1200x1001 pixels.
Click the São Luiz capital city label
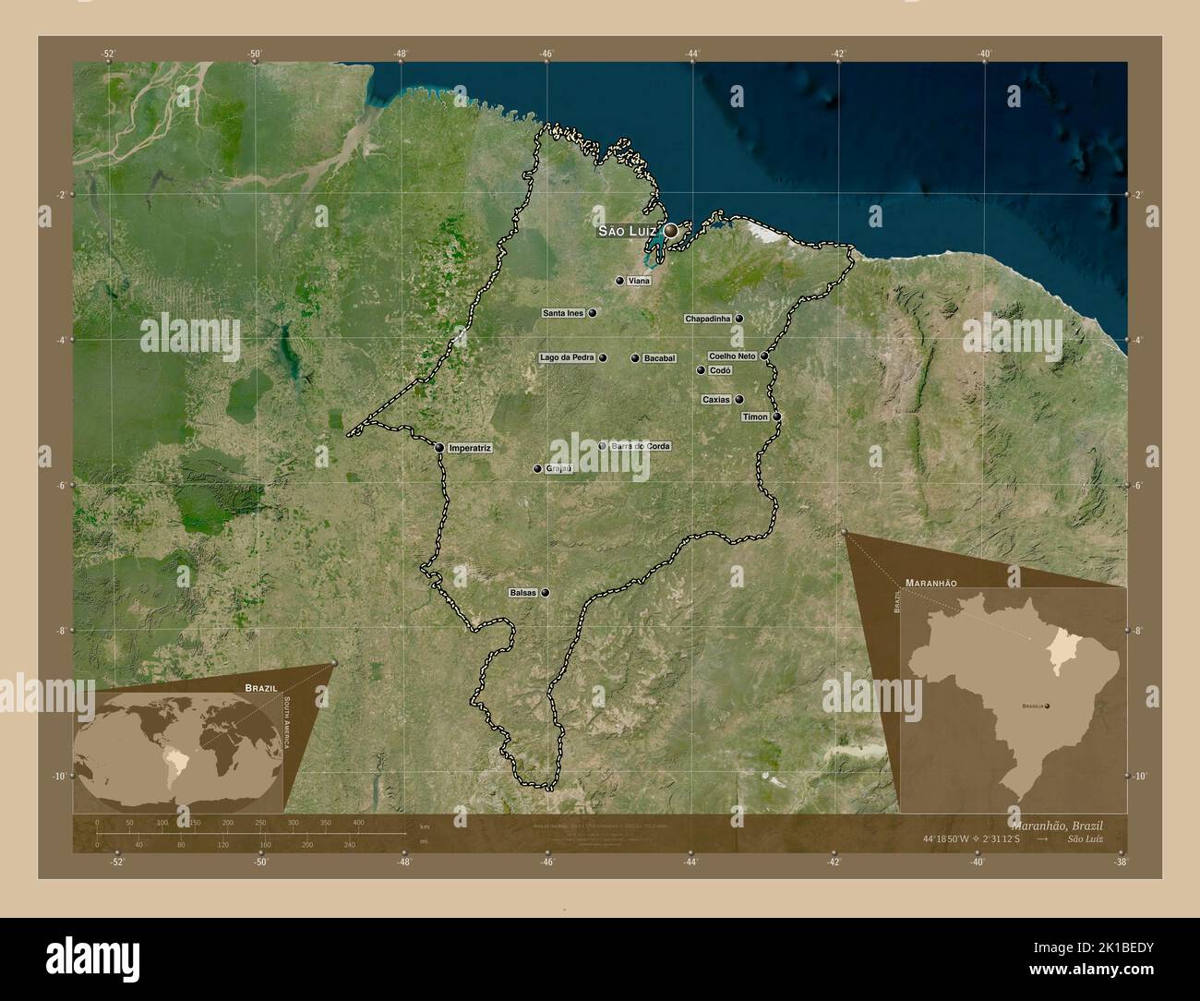pyautogui.click(x=627, y=230)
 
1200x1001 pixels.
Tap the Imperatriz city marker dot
pyautogui.click(x=439, y=448)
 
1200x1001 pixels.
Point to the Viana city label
pyautogui.click(x=639, y=280)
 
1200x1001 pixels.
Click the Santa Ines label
pyautogui.click(x=563, y=313)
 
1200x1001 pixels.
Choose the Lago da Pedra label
pyautogui.click(x=567, y=357)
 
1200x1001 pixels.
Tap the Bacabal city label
pyautogui.click(x=660, y=358)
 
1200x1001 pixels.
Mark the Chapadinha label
pyautogui.click(x=708, y=319)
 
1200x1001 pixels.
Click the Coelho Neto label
pyautogui.click(x=732, y=356)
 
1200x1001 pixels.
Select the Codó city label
pyautogui.click(x=720, y=370)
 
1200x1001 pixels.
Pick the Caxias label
pyautogui.click(x=715, y=400)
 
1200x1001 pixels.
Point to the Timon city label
pyautogui.click(x=755, y=416)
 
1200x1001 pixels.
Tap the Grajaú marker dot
pyautogui.click(x=536, y=469)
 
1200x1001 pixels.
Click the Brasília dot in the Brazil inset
pyautogui.click(x=1048, y=706)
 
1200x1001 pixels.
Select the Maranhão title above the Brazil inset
pyautogui.click(x=930, y=584)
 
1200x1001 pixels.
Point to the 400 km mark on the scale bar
pyautogui.click(x=357, y=822)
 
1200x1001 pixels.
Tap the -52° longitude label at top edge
pyautogui.click(x=108, y=54)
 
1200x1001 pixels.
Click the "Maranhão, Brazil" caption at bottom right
pyautogui.click(x=1056, y=824)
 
